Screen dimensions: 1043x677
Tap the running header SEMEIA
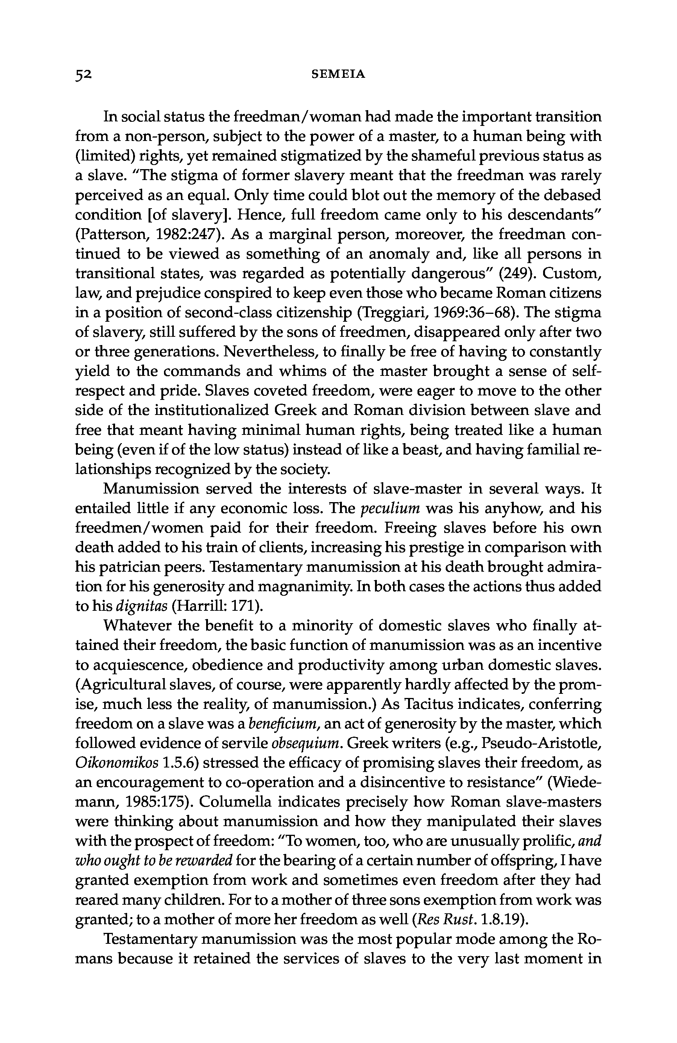point(338,74)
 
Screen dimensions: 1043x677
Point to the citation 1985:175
point(154,802)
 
